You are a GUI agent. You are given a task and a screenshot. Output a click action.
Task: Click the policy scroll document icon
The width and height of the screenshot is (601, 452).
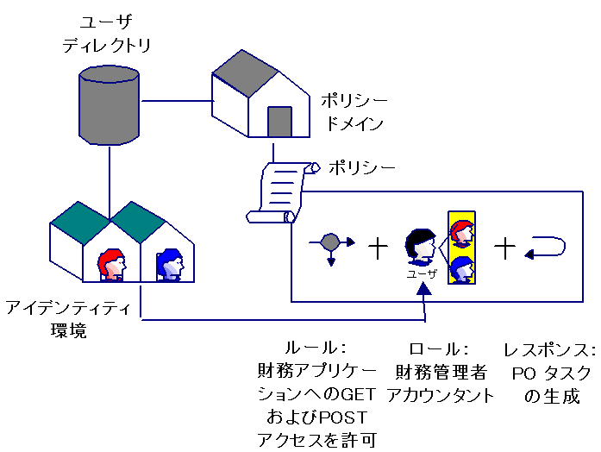tap(279, 191)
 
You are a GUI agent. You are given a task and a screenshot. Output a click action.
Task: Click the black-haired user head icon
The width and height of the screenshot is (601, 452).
tap(421, 247)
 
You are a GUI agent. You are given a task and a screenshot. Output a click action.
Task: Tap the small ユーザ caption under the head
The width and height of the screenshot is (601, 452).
tap(422, 274)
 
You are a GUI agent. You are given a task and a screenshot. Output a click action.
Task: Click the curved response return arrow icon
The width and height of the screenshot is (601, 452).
tap(547, 248)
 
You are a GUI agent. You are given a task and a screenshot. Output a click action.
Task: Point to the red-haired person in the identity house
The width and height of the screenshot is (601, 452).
tap(112, 266)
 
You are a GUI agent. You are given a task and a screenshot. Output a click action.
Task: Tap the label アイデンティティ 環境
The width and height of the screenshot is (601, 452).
tap(68, 318)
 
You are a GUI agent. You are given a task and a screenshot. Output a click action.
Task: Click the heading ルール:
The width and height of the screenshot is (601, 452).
tap(316, 348)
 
